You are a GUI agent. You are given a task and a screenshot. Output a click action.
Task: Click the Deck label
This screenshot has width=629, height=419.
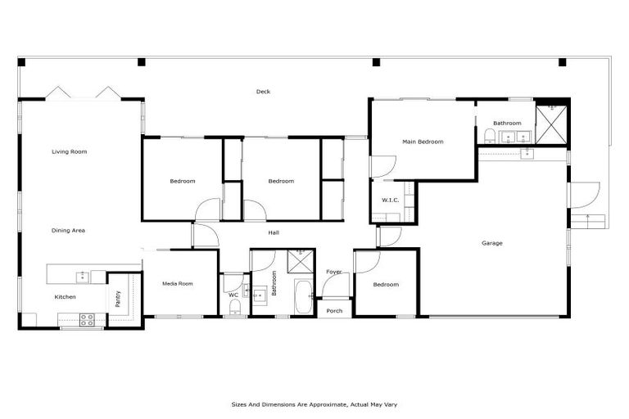tap(263, 92)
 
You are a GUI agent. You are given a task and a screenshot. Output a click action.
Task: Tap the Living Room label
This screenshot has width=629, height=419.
tap(69, 151)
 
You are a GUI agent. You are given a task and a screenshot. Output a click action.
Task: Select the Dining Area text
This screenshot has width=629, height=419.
tap(68, 231)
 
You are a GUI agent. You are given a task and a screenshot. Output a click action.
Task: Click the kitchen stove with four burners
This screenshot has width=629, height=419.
tap(87, 319)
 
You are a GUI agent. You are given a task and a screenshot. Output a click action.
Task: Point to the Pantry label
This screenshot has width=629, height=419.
tap(117, 298)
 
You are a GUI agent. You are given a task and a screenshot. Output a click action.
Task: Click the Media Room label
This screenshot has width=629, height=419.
tap(177, 284)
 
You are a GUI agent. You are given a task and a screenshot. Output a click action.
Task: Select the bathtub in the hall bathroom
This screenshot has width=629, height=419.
tap(303, 296)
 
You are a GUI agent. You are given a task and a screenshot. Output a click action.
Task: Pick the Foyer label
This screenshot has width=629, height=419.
tap(334, 272)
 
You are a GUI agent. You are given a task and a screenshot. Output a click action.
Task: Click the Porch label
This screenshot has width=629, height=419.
tap(334, 311)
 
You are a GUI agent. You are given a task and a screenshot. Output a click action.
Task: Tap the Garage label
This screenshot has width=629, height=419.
tap(491, 243)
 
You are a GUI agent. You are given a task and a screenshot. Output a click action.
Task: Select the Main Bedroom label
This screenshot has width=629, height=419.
tap(423, 142)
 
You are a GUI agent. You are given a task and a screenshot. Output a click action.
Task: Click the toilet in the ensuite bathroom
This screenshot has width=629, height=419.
tap(489, 135)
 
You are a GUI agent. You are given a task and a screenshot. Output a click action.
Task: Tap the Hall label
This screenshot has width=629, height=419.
tap(274, 233)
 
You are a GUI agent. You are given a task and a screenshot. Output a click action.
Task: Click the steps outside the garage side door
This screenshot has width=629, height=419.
tap(591, 220)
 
